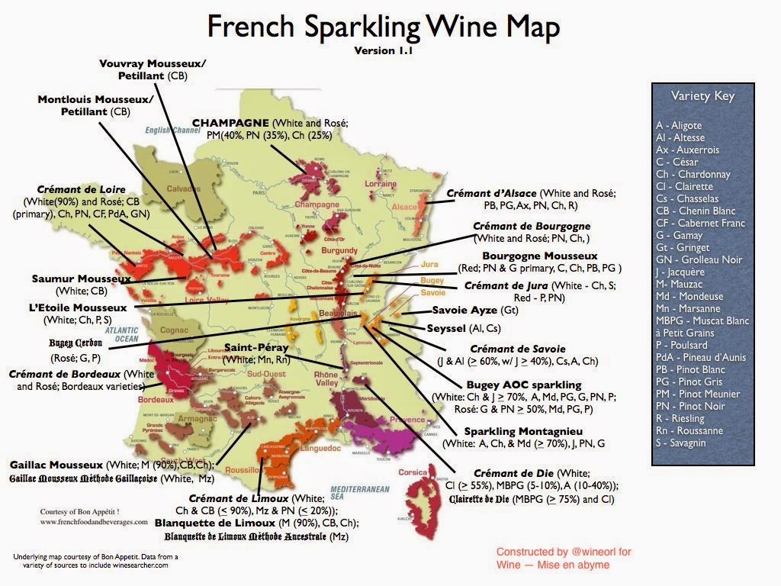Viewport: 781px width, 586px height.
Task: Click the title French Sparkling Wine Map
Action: tap(384, 27)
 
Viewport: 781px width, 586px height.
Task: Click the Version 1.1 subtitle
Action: tap(383, 51)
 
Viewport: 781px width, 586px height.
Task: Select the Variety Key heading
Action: tap(702, 96)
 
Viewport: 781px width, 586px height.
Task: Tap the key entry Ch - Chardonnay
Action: tap(693, 174)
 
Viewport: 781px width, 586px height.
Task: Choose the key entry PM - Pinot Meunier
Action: tap(699, 394)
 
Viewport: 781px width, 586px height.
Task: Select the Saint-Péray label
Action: tap(256, 347)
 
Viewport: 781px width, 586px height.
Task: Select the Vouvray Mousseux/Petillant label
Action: tap(142, 65)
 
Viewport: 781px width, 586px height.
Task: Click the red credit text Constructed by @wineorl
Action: tap(563, 552)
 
